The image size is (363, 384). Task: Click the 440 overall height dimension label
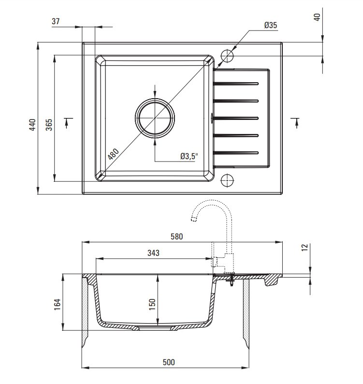32,125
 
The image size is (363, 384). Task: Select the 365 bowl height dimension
49,125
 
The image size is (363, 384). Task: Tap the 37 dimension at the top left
56,21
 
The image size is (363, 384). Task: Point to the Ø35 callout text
271,25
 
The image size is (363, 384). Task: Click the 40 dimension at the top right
317,17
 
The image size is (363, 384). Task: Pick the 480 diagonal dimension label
113,154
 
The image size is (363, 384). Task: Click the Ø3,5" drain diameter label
189,156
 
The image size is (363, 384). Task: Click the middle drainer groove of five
235,118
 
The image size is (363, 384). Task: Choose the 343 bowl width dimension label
154,253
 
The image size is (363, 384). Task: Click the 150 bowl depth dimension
152,304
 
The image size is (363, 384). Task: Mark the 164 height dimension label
57,304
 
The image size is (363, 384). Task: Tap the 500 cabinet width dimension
169,362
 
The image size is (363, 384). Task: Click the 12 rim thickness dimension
304,247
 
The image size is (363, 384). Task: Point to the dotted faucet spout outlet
194,219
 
